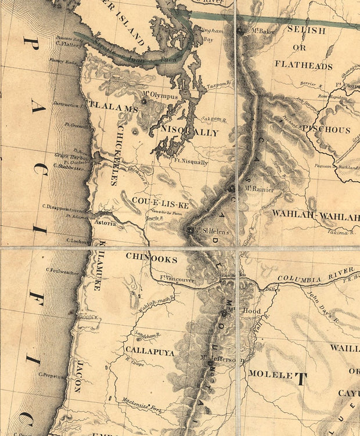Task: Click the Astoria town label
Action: pyautogui.click(x=105, y=222)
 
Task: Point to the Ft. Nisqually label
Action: pyautogui.click(x=190, y=163)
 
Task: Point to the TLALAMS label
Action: pyautogui.click(x=113, y=109)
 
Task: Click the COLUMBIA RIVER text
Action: pyautogui.click(x=315, y=275)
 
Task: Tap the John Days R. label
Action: pyautogui.click(x=322, y=306)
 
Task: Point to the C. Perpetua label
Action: pyautogui.click(x=54, y=374)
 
